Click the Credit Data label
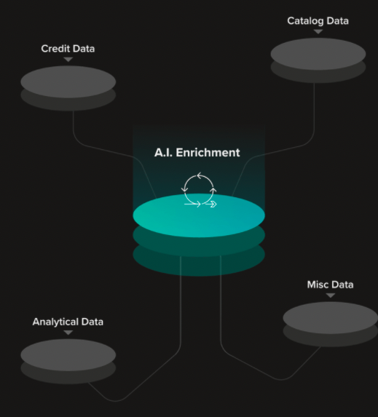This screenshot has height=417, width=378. click(x=68, y=49)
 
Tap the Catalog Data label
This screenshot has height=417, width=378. click(x=318, y=21)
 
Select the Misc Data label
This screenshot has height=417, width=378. click(x=331, y=285)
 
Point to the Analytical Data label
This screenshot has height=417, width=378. click(x=68, y=322)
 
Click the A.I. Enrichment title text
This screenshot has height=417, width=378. click(x=197, y=152)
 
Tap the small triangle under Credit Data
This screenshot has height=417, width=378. click(x=68, y=59)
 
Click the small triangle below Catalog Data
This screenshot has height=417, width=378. click(x=318, y=31)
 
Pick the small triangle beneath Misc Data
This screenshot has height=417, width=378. click(x=331, y=295)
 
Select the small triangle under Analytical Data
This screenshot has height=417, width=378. click(x=68, y=333)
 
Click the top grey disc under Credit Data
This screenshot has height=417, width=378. click(x=68, y=82)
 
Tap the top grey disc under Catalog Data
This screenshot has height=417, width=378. click(x=318, y=54)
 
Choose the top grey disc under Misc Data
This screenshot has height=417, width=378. click(x=331, y=318)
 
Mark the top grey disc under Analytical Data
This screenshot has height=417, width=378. click(x=68, y=354)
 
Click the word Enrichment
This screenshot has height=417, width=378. click(x=208, y=152)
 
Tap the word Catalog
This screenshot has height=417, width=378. click(x=305, y=21)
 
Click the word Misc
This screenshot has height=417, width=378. click(x=317, y=285)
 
